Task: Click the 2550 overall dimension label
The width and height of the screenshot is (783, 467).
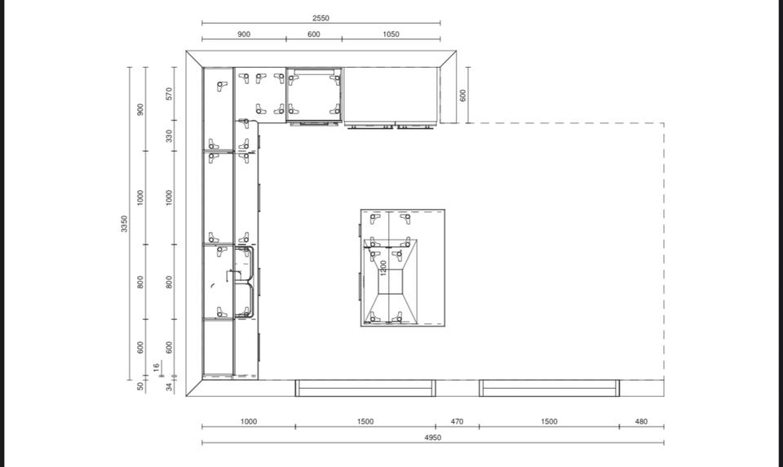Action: coord(321,18)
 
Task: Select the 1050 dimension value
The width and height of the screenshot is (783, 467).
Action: coord(391,34)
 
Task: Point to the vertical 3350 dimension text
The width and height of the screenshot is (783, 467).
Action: coord(124,224)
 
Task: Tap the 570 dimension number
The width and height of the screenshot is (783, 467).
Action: coord(169,94)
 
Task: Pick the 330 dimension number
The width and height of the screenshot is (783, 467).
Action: coord(169,136)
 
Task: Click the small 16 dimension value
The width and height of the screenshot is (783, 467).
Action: coord(157,367)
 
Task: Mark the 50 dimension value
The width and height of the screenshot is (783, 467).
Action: coord(141,386)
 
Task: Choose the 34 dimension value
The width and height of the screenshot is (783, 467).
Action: coord(170,386)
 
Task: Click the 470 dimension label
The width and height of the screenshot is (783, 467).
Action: coord(457,421)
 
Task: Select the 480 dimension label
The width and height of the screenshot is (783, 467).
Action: coord(641,421)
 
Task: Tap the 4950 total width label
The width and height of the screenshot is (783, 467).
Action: coord(433,438)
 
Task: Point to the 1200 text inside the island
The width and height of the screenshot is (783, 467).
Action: coord(383,268)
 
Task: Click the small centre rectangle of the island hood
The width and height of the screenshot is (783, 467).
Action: coord(391,282)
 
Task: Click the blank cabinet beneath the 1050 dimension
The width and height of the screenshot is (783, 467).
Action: coord(391,95)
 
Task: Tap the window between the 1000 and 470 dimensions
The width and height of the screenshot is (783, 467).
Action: coord(365,388)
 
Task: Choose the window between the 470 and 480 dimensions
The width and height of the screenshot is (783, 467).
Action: coord(549,388)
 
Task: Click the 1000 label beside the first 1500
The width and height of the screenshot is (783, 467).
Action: coord(249,421)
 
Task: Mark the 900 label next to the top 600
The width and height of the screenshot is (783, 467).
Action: coord(244,34)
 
